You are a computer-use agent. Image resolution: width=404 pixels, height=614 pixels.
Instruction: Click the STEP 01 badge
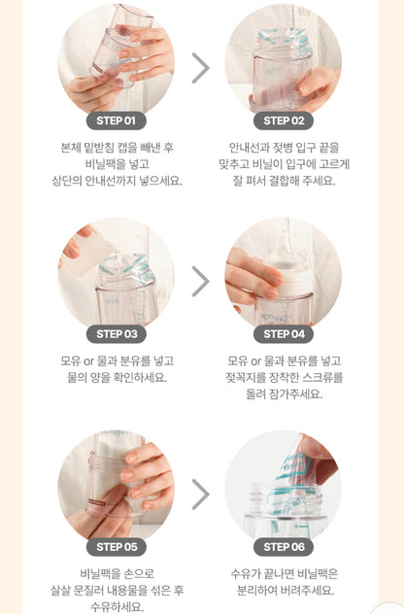click(117, 121)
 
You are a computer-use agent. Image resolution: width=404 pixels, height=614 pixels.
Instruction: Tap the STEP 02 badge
click(284, 121)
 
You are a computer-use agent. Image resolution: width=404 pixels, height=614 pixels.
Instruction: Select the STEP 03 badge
click(117, 334)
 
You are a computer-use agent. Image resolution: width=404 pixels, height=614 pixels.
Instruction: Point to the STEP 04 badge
click(284, 334)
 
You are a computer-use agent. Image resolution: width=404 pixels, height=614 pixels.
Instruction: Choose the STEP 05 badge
click(117, 547)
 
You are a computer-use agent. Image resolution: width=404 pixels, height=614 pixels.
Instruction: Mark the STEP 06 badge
click(284, 547)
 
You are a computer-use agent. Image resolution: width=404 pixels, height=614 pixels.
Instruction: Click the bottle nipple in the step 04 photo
click(286, 248)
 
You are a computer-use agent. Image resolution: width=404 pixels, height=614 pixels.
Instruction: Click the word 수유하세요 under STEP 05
click(118, 606)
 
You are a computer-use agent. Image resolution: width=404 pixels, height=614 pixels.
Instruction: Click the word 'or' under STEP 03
click(88, 361)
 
